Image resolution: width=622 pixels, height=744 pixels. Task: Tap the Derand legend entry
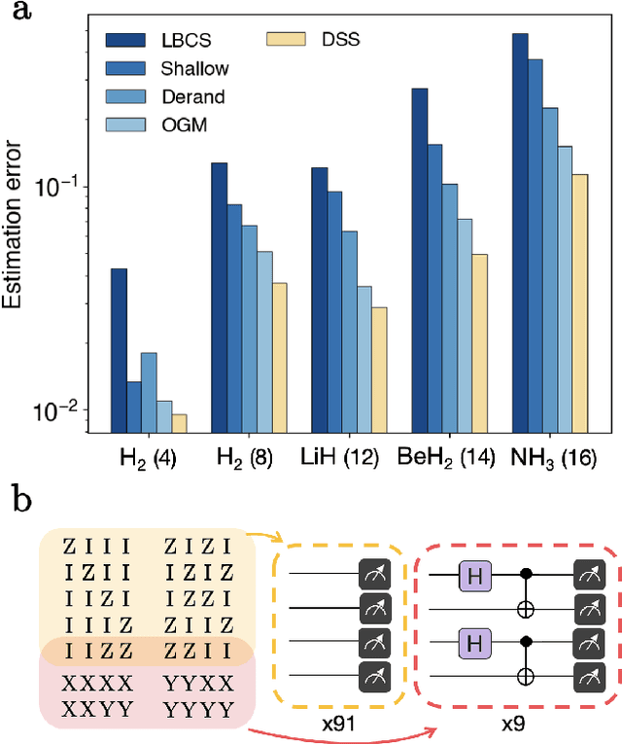click(x=171, y=96)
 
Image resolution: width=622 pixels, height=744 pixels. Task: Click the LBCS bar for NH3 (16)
click(x=520, y=232)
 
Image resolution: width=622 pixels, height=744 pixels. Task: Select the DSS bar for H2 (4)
click(x=180, y=423)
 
